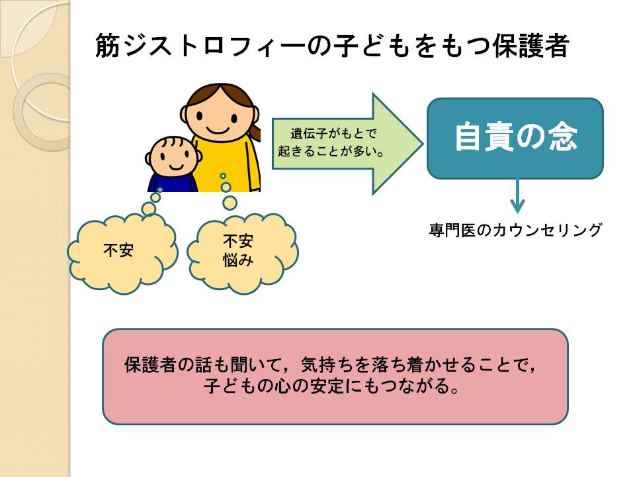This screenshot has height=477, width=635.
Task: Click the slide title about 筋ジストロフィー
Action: point(332,46)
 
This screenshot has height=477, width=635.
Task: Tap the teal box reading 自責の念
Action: point(515,138)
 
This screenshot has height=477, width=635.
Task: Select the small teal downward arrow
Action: point(517,196)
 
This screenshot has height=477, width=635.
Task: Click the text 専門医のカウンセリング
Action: point(515,230)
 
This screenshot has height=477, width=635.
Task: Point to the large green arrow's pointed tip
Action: point(423,144)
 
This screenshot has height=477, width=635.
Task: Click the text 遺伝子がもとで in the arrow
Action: point(333,133)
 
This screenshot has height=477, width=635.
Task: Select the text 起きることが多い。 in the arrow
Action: point(331,151)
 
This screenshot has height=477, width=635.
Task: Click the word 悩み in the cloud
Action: point(238,260)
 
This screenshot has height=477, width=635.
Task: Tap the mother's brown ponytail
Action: point(255,132)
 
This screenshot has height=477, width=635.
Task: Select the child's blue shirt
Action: point(173,183)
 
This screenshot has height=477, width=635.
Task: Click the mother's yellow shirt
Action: point(229,164)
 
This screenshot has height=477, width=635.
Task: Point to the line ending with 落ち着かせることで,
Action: point(331,365)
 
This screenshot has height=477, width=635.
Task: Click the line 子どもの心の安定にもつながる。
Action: point(332,386)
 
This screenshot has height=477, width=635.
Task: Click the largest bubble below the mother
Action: point(230,203)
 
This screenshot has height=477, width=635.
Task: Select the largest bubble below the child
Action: point(149,209)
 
